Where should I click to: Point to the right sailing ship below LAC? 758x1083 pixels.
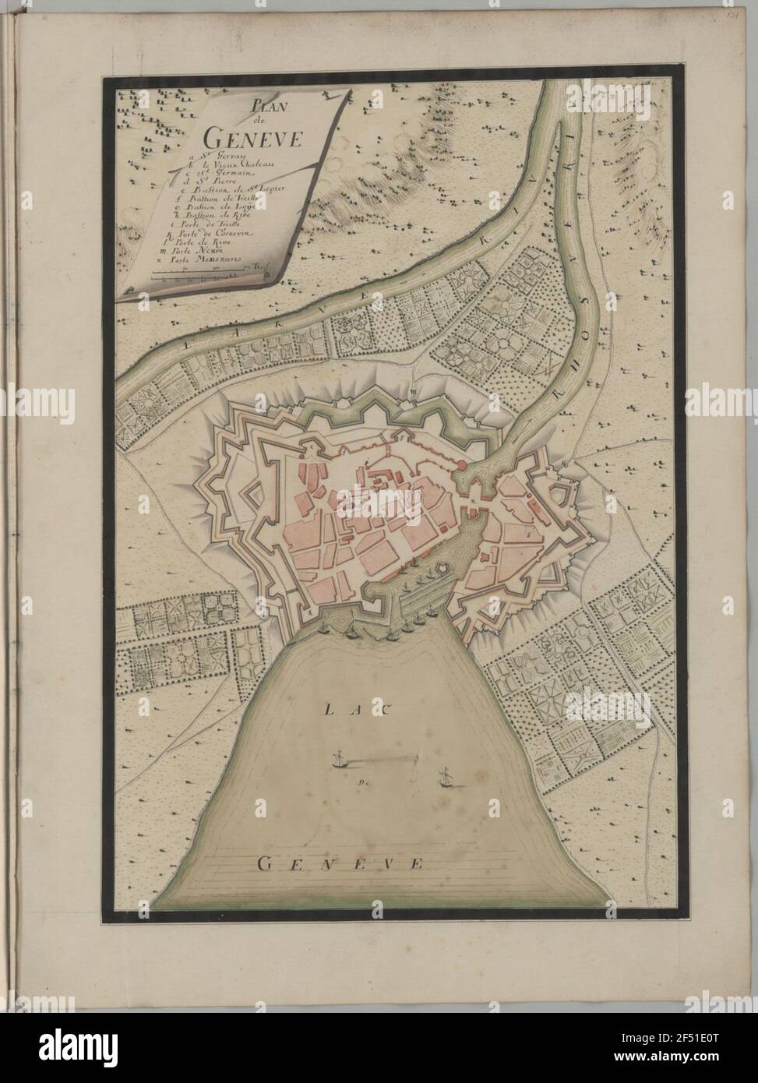pyautogui.click(x=445, y=778)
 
